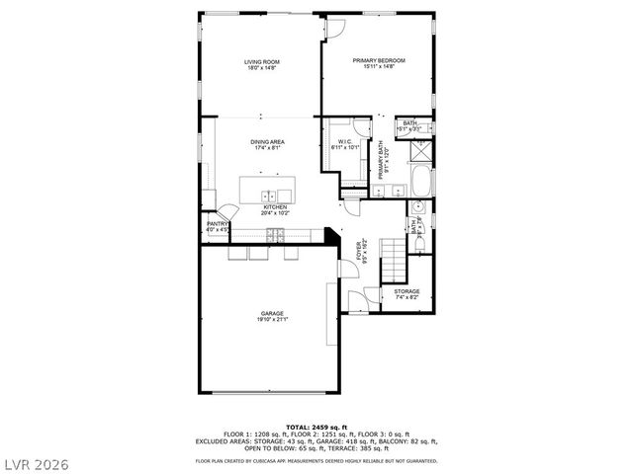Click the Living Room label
pos(262,61)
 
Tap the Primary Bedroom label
pos(379,60)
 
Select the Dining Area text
pos(268,142)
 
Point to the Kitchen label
pos(274,206)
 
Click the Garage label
pos(273,313)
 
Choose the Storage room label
pos(407,291)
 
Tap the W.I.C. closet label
pos(345,141)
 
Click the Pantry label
pos(218,224)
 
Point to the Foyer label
pos(360,250)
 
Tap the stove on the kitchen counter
pos(276,234)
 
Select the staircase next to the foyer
pos(395,260)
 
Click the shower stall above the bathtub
pos(420,151)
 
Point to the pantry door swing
pos(227,211)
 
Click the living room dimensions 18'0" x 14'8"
pos(262,67)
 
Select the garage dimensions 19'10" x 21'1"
pos(273,319)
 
